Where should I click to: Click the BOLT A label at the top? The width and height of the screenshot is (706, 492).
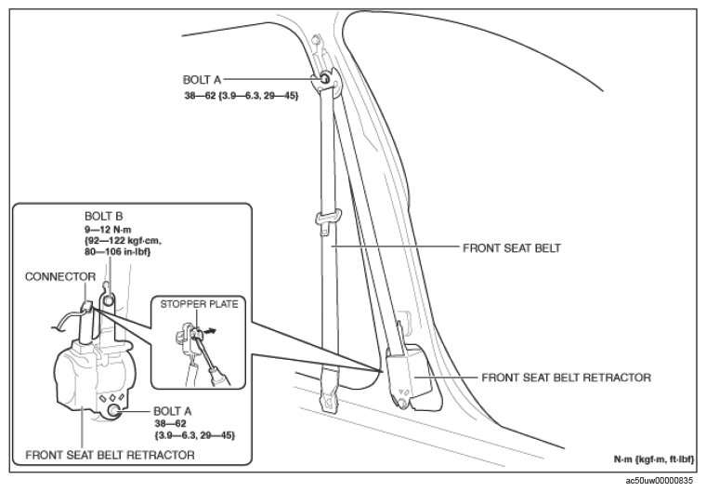click(202, 80)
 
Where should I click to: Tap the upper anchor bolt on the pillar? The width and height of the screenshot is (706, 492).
click(324, 80)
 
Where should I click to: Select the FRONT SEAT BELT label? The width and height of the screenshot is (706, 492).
click(512, 248)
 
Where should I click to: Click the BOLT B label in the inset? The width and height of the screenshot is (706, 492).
click(103, 217)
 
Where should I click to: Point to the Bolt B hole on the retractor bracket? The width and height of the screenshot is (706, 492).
click(108, 299)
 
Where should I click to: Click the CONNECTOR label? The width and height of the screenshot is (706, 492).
click(60, 276)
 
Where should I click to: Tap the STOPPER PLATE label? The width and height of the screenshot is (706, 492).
click(199, 304)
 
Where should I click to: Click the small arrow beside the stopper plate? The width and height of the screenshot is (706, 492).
click(209, 331)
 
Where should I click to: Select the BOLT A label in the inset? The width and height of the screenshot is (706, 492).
click(173, 411)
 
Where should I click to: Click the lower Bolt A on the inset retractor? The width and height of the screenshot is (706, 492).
click(114, 411)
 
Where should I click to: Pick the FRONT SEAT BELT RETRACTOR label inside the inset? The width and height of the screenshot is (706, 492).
click(110, 455)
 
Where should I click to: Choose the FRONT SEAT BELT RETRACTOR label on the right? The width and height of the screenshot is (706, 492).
click(566, 378)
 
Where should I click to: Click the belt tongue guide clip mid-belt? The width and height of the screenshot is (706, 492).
click(328, 217)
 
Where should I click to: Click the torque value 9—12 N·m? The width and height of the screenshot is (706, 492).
click(108, 230)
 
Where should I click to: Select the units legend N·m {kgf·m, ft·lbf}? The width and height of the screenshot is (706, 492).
click(654, 459)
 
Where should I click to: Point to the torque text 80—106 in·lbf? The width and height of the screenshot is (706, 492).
click(118, 252)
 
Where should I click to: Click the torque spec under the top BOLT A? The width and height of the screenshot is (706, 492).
click(242, 96)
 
